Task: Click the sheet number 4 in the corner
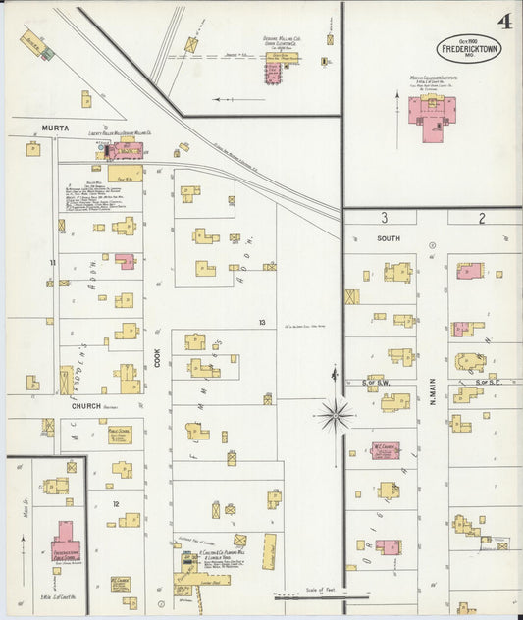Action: click(502, 21)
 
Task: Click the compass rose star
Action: click(335, 415)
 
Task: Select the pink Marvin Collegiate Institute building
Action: click(432, 110)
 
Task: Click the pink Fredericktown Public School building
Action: click(67, 538)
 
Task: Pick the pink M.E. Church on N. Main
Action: click(383, 450)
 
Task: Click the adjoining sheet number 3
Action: click(385, 218)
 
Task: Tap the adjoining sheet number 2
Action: click(482, 218)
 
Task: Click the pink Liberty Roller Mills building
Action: click(126, 150)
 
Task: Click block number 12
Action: click(115, 504)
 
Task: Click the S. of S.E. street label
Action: click(488, 382)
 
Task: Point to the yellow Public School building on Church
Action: click(121, 435)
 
